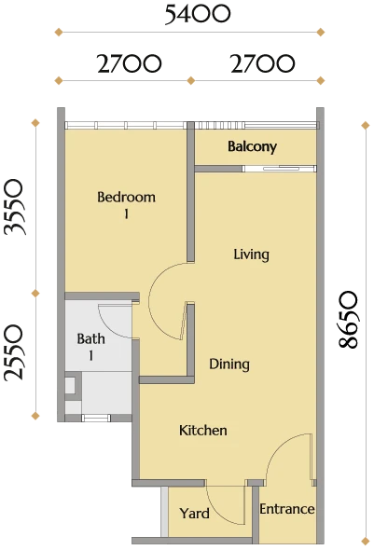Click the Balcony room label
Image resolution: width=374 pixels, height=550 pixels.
[x=252, y=146]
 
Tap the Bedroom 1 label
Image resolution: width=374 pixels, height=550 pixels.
[x=126, y=204]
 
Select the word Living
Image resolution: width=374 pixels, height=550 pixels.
[x=251, y=254]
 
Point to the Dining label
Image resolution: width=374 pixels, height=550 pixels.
[x=229, y=364]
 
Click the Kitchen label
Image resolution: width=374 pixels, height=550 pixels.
[x=202, y=431]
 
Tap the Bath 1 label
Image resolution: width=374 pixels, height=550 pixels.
[x=90, y=347]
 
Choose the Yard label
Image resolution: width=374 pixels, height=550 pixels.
[x=195, y=514]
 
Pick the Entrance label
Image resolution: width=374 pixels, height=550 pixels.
[x=286, y=509]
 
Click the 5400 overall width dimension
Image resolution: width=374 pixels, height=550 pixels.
[x=198, y=15]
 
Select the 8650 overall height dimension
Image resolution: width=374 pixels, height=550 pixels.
[x=349, y=320]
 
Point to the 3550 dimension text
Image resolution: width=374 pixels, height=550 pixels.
[x=14, y=207]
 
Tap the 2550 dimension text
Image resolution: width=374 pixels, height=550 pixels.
[x=14, y=353]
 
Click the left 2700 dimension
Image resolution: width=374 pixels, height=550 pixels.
[x=129, y=63]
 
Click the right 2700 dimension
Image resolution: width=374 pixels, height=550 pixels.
[x=262, y=63]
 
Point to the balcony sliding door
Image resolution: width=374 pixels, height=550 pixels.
[x=280, y=169]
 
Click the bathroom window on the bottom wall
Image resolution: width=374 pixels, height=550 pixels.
[x=96, y=419]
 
